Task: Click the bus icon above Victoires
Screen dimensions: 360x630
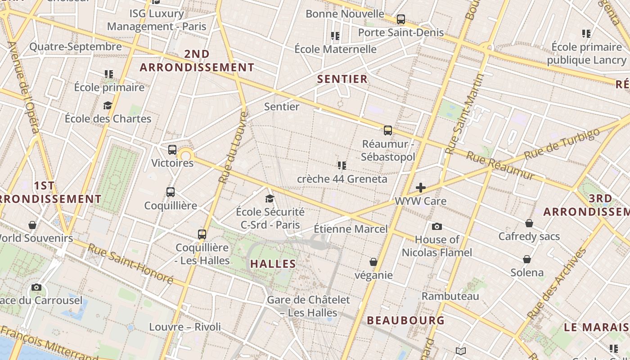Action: click(x=172, y=150)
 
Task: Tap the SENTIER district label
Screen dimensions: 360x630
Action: click(x=342, y=79)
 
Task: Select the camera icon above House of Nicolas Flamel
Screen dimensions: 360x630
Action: click(x=436, y=226)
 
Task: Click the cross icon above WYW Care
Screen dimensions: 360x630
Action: click(x=421, y=187)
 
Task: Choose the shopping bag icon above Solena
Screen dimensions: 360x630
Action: click(x=526, y=259)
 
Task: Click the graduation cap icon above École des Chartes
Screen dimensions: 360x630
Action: click(x=108, y=105)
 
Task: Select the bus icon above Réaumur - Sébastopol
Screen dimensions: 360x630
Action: click(x=388, y=130)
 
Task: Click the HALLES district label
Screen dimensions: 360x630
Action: click(x=273, y=264)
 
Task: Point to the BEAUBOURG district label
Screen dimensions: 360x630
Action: click(x=405, y=320)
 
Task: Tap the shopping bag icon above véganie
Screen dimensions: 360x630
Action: click(x=373, y=262)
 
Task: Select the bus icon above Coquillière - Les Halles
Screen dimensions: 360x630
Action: click(x=202, y=234)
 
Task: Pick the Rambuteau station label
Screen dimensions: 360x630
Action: click(x=450, y=296)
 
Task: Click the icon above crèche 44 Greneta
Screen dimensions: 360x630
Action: click(x=342, y=166)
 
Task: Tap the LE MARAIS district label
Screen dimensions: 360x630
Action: click(x=596, y=327)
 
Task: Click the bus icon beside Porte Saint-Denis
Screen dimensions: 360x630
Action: click(x=400, y=19)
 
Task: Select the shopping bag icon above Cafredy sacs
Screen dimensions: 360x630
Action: click(x=529, y=223)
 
